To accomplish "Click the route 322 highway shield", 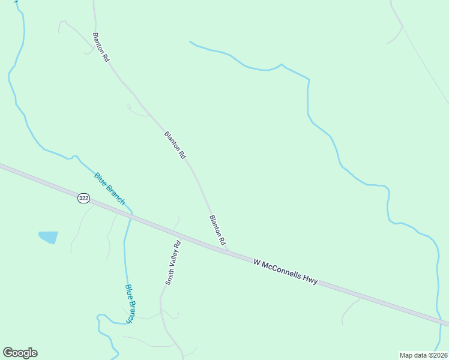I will [83, 197].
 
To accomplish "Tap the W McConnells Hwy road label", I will [285, 272].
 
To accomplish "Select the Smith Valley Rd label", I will [173, 263].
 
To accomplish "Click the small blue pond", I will [49, 237].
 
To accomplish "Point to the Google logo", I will [20, 353].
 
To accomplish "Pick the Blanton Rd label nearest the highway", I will [217, 230].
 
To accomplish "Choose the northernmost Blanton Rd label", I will [100, 48].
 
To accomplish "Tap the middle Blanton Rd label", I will [175, 145].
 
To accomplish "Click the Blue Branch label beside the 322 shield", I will [109, 188].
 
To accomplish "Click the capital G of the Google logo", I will [8, 353].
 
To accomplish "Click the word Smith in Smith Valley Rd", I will [169, 277].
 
